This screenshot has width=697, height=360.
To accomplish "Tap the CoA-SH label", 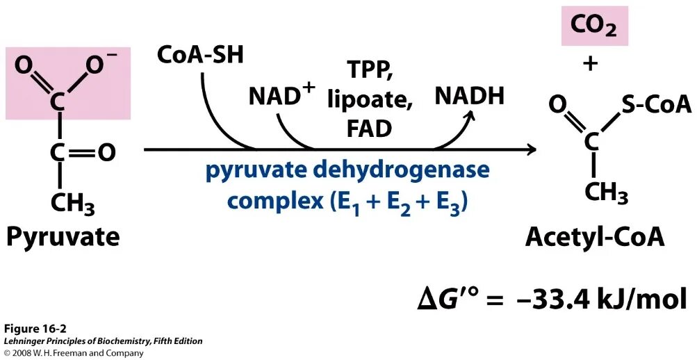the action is coord(201,54).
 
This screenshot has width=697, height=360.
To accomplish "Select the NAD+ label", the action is coord(281,97).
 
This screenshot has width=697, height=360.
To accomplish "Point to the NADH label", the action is coord(469,97).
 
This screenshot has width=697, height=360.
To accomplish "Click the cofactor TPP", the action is coord(369,70).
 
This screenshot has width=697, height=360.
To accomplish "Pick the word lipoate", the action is coord(370,99).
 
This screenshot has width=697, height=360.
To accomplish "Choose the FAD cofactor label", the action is coord(369,129).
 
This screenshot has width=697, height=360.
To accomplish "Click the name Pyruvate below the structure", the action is coord(63,237).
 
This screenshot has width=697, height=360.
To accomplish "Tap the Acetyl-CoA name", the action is coord(595,237).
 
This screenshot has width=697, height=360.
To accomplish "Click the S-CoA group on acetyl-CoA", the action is coord(656,105).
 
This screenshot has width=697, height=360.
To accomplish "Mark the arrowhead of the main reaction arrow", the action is coord(532,149).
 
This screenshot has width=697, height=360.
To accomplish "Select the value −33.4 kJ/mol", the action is coord(602,300).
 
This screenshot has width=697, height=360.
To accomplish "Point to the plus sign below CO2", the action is coord(591,65).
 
